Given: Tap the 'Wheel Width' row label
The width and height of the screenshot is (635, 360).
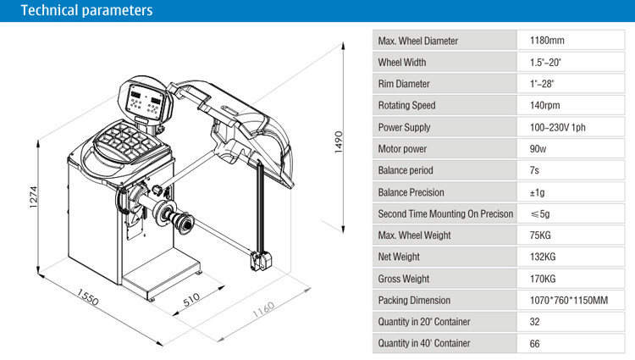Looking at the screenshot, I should coord(402,63).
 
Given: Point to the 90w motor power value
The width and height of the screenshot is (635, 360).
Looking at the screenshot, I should coord(538,149).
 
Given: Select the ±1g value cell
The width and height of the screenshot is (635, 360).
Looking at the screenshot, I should coord(538,192).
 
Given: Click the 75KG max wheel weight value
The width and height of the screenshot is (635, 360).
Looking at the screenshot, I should coord(542,235).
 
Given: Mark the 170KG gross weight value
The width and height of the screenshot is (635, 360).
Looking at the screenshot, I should coord(544,279).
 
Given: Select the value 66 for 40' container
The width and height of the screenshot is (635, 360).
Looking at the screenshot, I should coord(535,344).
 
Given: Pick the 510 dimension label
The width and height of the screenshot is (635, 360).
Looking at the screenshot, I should coord(192,299).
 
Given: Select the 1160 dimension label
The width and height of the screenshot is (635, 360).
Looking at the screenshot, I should coord(265,319).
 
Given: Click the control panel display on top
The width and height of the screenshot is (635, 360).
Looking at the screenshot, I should coord(144,102).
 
